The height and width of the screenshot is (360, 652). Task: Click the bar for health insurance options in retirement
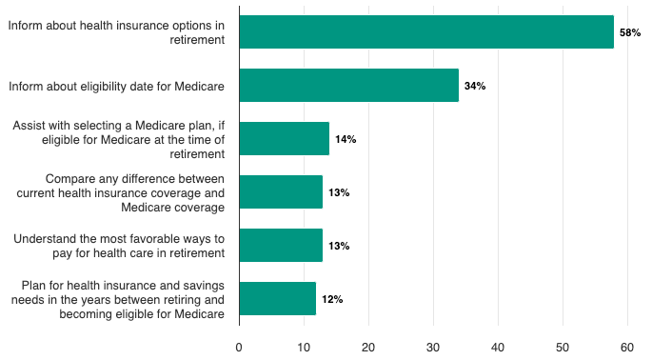tap(426, 32)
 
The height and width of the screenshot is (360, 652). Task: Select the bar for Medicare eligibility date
tap(348, 86)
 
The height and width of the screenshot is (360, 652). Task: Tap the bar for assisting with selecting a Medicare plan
tap(284, 139)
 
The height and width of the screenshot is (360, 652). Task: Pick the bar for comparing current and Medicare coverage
tap(281, 192)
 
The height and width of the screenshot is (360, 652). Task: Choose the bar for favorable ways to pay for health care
tap(281, 246)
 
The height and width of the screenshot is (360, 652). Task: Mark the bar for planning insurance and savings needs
tap(277, 299)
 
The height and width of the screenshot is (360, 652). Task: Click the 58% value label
tap(630, 32)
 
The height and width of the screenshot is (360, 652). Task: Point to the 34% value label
tap(475, 86)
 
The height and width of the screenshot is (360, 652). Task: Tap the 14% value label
tap(346, 139)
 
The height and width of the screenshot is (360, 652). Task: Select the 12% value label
tap(332, 299)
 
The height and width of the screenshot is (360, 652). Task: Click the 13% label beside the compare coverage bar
tap(339, 192)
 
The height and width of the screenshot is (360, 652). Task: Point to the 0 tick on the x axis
tap(239, 348)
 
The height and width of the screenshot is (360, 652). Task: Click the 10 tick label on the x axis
tap(304, 348)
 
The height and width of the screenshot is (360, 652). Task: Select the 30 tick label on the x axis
tap(433, 348)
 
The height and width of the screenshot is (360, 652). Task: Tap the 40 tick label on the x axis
tap(498, 348)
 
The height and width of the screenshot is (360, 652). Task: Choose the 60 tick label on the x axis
tap(627, 348)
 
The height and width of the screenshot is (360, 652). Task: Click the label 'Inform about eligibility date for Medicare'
tap(116, 86)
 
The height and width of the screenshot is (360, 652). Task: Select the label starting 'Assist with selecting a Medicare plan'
tap(119, 139)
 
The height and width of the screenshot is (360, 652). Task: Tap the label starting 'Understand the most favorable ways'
tap(119, 246)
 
